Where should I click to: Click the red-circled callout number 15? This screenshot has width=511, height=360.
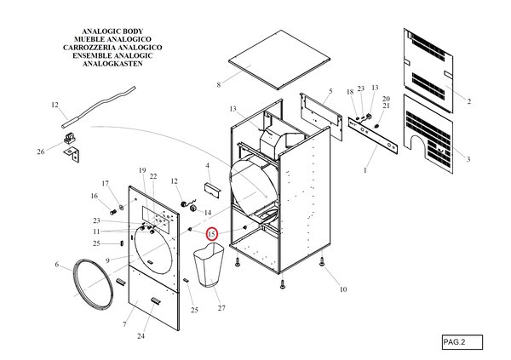click(x=211, y=233)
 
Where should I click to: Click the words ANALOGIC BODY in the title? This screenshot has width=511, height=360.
click(x=107, y=31)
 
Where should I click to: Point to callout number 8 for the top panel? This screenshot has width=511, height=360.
click(x=219, y=84)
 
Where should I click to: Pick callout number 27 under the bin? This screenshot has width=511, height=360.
click(x=221, y=307)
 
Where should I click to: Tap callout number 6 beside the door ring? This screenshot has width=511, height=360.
click(x=57, y=265)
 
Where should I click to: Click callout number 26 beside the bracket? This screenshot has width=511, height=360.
click(x=40, y=151)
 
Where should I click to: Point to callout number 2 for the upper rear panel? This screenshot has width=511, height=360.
click(x=468, y=101)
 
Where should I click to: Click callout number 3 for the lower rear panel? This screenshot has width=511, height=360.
click(x=468, y=159)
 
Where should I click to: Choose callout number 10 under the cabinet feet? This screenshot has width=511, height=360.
click(x=343, y=289)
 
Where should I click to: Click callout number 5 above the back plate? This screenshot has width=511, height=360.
click(x=330, y=90)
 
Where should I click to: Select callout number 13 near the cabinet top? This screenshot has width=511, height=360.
click(x=233, y=109)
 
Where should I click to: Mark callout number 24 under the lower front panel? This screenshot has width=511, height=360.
click(x=141, y=336)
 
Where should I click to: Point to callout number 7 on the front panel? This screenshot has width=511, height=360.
click(x=125, y=324)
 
